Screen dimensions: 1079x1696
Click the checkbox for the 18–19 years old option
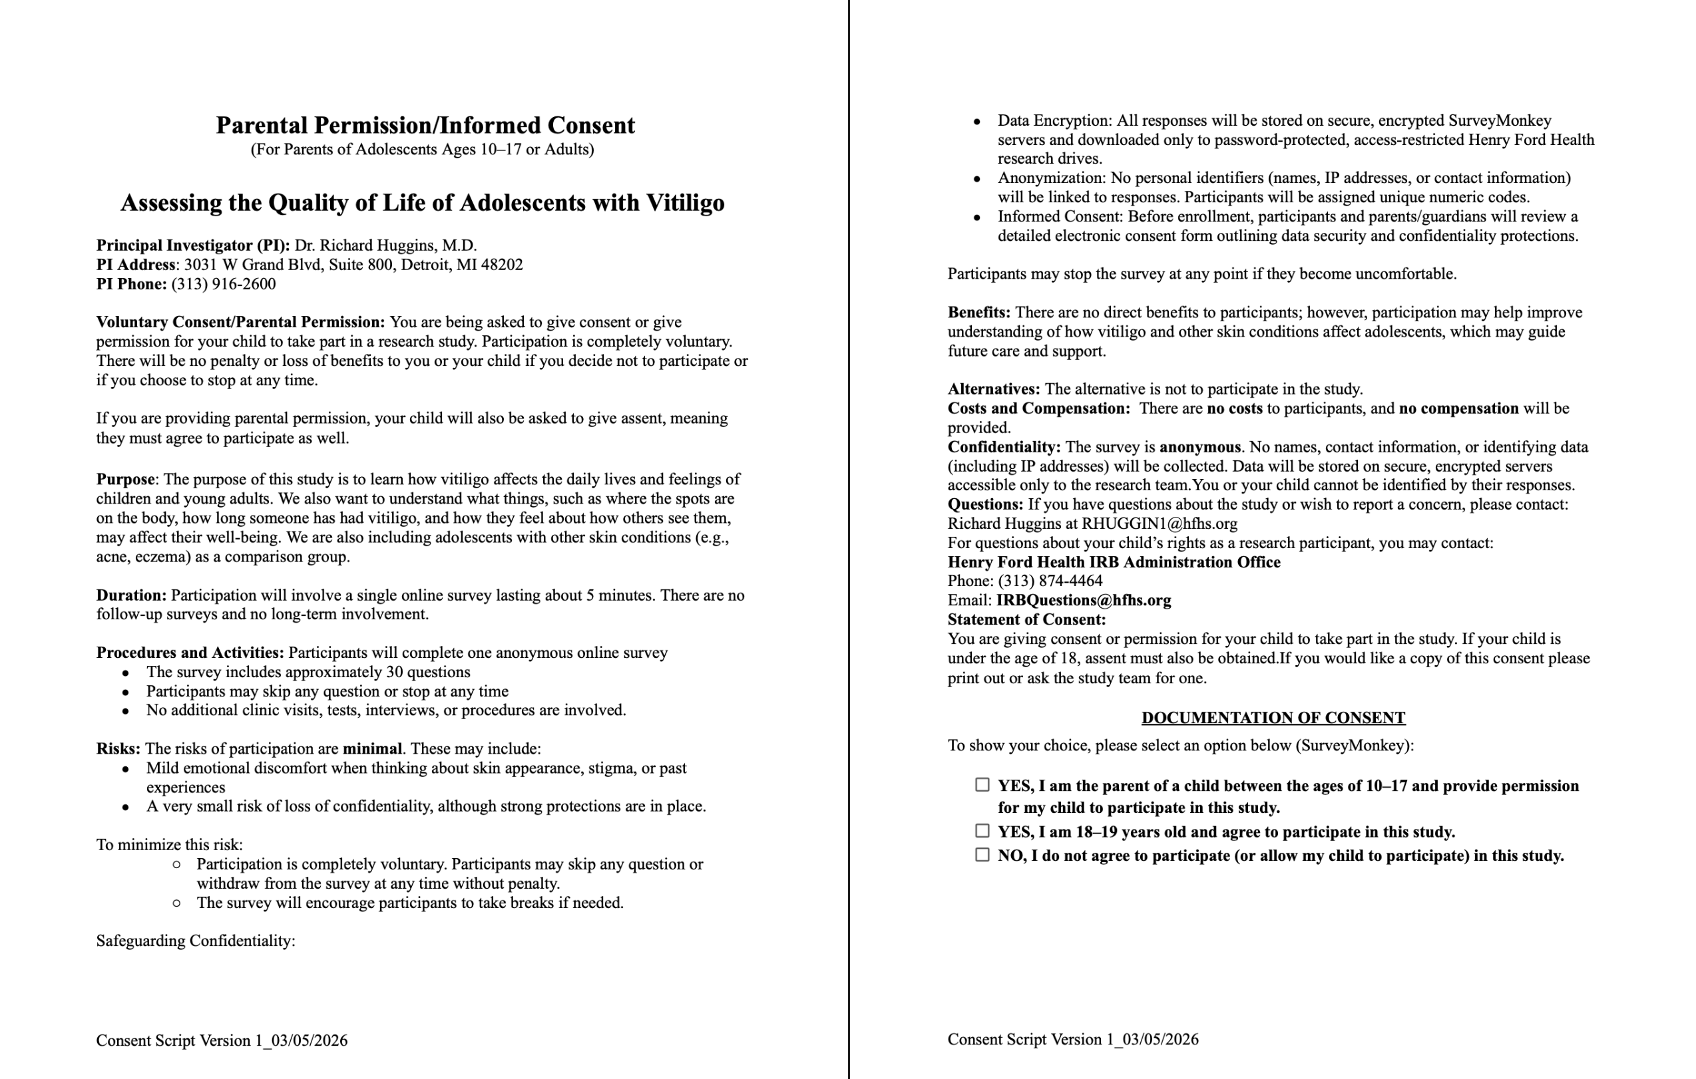pos(982,832)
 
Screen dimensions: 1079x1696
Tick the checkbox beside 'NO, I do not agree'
pos(982,855)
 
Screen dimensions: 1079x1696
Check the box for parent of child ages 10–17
pos(982,785)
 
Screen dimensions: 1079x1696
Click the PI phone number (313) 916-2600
pos(223,284)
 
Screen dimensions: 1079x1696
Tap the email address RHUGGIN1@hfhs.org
pos(1160,524)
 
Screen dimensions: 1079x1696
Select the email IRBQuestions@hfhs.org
pos(1083,601)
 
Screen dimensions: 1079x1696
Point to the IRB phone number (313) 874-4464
pos(1050,581)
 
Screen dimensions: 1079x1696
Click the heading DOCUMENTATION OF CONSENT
pos(1273,718)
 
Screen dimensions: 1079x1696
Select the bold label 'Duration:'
pos(132,595)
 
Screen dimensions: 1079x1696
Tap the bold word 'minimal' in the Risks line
pos(372,749)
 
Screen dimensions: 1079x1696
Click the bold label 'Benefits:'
pos(978,313)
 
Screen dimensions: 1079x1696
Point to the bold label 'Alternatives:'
pos(993,389)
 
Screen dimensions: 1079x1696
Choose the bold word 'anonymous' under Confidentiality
pos(1199,447)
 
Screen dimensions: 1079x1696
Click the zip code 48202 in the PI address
pos(501,265)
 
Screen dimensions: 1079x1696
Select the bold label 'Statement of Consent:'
pos(1026,620)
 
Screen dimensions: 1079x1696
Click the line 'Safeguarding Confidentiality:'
pos(196,941)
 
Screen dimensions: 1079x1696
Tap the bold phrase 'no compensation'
pos(1458,409)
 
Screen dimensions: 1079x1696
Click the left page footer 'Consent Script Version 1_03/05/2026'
pos(222,1041)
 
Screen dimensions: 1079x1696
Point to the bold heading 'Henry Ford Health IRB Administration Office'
pos(1114,562)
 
